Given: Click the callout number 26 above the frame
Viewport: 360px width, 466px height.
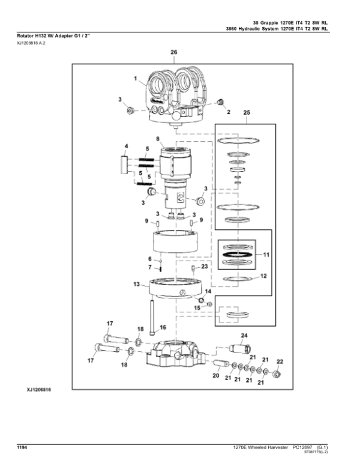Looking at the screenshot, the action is [x=174, y=52].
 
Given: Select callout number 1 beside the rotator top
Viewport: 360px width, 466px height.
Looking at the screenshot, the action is [x=136, y=79].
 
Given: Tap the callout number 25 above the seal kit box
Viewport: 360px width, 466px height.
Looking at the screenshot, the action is [x=247, y=113].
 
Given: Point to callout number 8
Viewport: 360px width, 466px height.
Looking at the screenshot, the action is [x=158, y=139].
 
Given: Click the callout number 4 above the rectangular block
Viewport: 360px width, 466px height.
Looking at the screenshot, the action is [x=126, y=146].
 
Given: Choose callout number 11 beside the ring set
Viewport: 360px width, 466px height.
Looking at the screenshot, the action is [x=266, y=255].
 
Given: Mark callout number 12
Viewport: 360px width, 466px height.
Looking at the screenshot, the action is [x=263, y=276].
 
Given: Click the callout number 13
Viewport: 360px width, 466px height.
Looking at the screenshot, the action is [x=136, y=285].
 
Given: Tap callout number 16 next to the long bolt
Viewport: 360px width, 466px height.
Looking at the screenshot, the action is [x=163, y=327].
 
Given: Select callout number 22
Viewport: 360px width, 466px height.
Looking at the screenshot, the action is [x=280, y=362].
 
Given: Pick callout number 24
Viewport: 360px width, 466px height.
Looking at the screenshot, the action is [x=244, y=336].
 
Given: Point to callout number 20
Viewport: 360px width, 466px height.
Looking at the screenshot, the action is [x=216, y=376].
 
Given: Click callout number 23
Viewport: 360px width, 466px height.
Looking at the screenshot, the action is [x=205, y=267].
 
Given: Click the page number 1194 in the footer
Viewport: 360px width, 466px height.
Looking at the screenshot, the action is [x=22, y=447].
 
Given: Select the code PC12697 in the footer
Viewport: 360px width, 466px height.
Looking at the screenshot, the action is [x=302, y=447].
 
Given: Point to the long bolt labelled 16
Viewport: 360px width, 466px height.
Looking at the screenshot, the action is [x=152, y=318].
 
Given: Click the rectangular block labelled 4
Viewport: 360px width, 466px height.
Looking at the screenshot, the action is [x=124, y=165].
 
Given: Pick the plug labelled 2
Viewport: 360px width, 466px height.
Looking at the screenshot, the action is [x=220, y=102].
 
